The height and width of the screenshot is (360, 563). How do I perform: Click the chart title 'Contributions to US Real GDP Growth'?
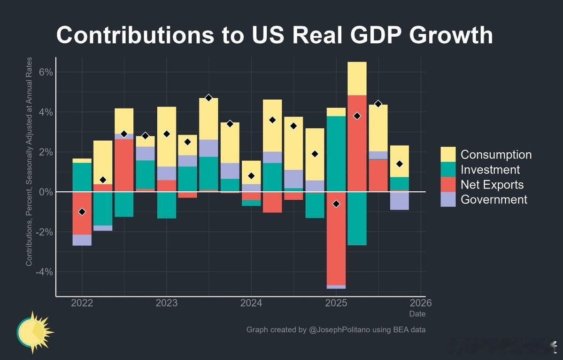click(x=275, y=35)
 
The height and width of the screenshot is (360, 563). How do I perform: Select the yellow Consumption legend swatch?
click(x=448, y=154)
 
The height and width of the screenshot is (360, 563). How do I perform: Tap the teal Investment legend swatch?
click(x=448, y=169)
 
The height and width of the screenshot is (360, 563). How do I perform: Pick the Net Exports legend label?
click(x=492, y=184)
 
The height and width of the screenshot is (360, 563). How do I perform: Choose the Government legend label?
click(x=494, y=199)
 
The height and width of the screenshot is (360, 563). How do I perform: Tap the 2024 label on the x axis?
click(x=251, y=303)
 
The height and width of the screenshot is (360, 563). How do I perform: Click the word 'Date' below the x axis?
click(x=417, y=313)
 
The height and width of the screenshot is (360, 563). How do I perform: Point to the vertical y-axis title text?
click(x=29, y=162)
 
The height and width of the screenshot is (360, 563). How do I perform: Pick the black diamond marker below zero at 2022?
click(x=82, y=212)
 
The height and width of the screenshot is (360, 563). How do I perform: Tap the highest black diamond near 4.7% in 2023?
click(x=208, y=98)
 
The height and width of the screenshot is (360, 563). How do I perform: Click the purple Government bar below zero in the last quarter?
click(x=399, y=201)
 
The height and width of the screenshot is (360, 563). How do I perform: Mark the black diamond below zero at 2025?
click(x=336, y=203)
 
